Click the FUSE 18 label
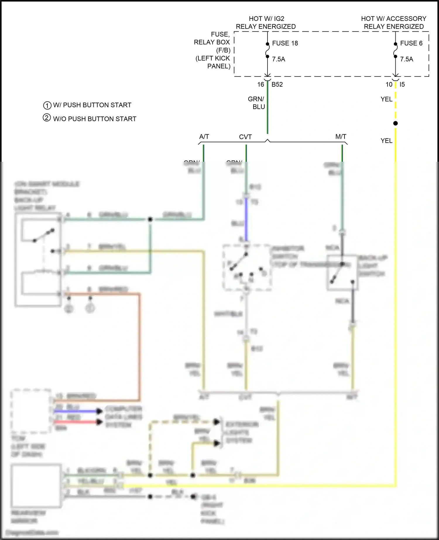point(285,43)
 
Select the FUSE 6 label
point(411,43)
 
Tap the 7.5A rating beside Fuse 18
point(278,59)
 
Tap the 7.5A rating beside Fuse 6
point(407,59)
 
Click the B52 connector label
point(277,85)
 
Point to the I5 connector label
point(402,85)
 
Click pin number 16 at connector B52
point(260,85)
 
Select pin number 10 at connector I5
point(389,85)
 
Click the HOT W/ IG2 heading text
point(266,19)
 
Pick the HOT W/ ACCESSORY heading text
point(394,19)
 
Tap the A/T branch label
point(204,137)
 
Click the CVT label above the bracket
point(245,137)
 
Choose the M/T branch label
point(341,137)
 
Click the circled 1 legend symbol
point(47,105)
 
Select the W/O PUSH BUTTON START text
point(95,119)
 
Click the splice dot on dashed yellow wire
point(395,123)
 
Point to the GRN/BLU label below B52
point(257,103)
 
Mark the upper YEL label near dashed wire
point(386,99)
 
